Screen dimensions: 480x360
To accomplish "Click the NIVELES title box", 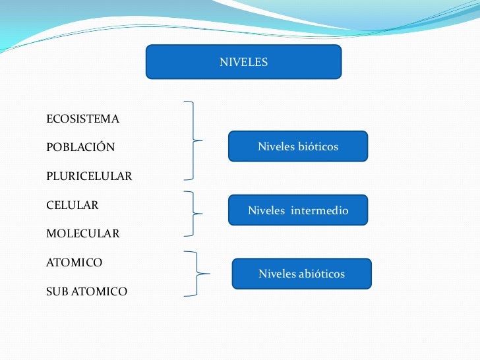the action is (x=243, y=62).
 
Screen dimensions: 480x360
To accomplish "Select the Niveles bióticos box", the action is (x=297, y=146).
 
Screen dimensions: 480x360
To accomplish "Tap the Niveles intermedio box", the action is (x=297, y=211).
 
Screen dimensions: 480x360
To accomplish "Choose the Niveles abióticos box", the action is (x=301, y=274).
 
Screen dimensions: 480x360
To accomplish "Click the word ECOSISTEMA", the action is (x=83, y=119).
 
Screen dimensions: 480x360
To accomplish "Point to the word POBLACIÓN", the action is (x=80, y=147).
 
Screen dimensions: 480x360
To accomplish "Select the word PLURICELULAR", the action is (x=89, y=177).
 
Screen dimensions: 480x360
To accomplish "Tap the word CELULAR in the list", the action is (x=73, y=205).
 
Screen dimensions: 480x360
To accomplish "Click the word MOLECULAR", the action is (x=83, y=233).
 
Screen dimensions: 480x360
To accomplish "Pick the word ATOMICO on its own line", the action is (x=74, y=262).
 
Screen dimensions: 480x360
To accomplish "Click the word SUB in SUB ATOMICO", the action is (x=57, y=291).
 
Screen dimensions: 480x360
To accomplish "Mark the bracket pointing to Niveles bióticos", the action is (x=193, y=140).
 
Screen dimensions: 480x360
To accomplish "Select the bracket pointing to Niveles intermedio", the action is (x=193, y=214).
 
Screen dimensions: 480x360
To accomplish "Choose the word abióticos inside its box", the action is (x=321, y=274).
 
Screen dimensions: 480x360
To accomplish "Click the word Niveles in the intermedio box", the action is (x=265, y=211).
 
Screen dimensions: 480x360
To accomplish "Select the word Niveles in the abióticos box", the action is (x=276, y=274).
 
